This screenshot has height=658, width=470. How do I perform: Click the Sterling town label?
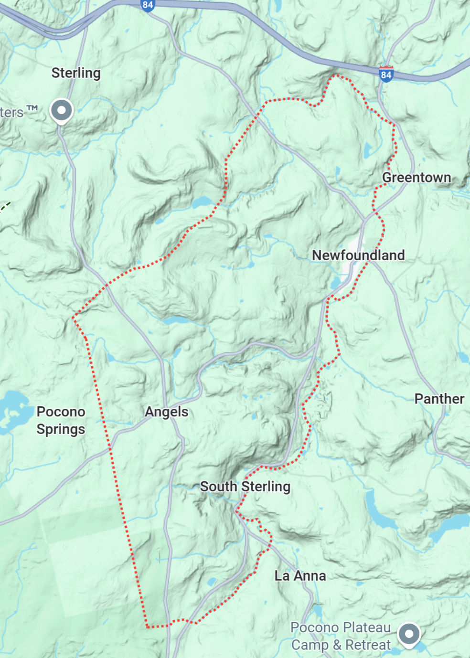click(x=76, y=73)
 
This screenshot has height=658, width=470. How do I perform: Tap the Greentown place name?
click(x=417, y=178)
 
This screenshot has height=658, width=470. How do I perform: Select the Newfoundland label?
click(x=358, y=255)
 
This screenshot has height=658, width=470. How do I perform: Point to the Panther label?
click(x=439, y=399)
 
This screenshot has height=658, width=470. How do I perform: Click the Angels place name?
click(x=167, y=412)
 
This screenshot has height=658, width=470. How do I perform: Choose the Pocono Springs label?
click(x=61, y=420)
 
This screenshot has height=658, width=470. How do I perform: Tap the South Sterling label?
click(x=245, y=487)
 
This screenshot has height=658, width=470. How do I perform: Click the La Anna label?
click(x=300, y=576)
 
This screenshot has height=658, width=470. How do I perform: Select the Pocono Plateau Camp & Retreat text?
click(x=341, y=636)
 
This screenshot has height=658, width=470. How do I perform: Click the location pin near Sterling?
click(x=61, y=111)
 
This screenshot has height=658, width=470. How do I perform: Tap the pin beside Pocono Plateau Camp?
click(x=409, y=634)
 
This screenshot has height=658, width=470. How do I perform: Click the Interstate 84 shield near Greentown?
click(x=386, y=74)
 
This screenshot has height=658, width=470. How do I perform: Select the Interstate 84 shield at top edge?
click(x=148, y=5)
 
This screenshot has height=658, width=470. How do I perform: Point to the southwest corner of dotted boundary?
click(x=147, y=626)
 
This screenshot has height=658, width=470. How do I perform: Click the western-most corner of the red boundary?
click(x=73, y=317)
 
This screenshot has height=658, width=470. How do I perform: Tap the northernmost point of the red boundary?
click(x=336, y=75)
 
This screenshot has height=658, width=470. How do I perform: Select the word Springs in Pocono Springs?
click(x=61, y=429)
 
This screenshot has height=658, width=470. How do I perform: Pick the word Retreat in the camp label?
click(x=368, y=645)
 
